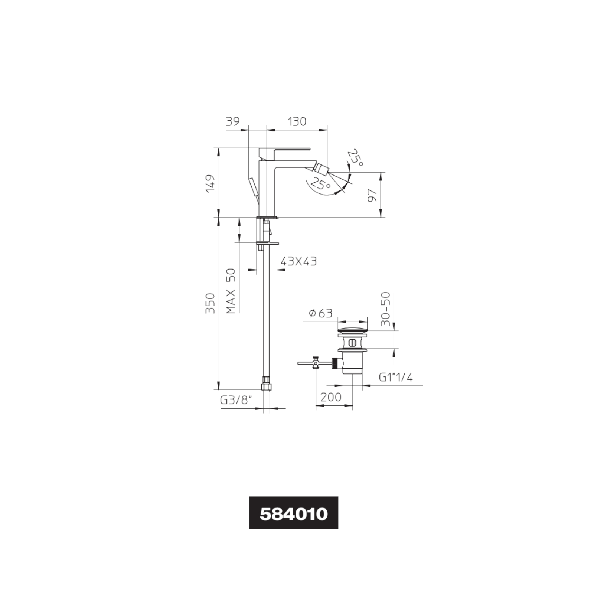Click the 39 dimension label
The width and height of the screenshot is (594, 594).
[x=233, y=121]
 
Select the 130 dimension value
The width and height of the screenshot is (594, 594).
[x=297, y=121]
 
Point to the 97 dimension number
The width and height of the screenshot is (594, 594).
[x=372, y=195]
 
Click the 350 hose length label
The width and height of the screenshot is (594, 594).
[x=210, y=303]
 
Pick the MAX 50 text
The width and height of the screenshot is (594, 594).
[x=231, y=291]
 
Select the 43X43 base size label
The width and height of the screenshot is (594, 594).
[x=298, y=261]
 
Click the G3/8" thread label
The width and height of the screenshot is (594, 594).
[x=236, y=400]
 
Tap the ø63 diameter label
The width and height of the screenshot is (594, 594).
[x=320, y=313]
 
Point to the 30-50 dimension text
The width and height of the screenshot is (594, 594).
[x=386, y=309]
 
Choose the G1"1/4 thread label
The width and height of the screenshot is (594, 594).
[x=396, y=378]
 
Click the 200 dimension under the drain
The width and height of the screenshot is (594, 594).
[x=331, y=397]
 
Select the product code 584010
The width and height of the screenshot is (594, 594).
[x=293, y=515]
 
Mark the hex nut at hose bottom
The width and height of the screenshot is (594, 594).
[x=266, y=384]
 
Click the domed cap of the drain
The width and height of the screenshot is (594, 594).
[x=352, y=330]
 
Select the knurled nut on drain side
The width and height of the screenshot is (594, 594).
[x=336, y=363]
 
